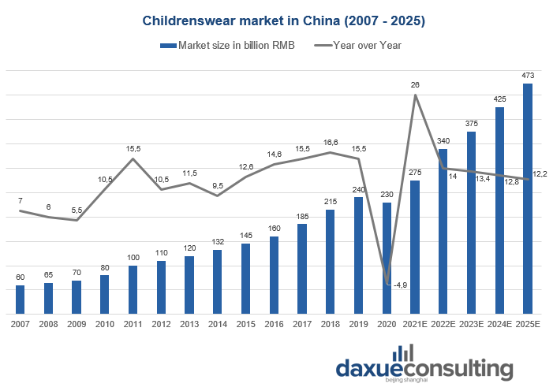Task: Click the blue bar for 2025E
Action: pyautogui.click(x=528, y=199)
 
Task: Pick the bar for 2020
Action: pyautogui.click(x=386, y=258)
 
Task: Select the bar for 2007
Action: pyautogui.click(x=20, y=300)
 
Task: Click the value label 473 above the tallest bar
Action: pyautogui.click(x=528, y=76)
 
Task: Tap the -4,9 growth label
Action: pyautogui.click(x=399, y=285)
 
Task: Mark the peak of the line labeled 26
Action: pyautogui.click(x=415, y=95)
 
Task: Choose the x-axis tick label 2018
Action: pyautogui.click(x=330, y=323)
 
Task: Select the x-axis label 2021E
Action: pyautogui.click(x=415, y=323)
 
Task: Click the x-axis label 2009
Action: pyautogui.click(x=76, y=323)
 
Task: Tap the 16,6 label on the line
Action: pyautogui.click(x=331, y=143)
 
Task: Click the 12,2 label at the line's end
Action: pyautogui.click(x=541, y=173)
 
